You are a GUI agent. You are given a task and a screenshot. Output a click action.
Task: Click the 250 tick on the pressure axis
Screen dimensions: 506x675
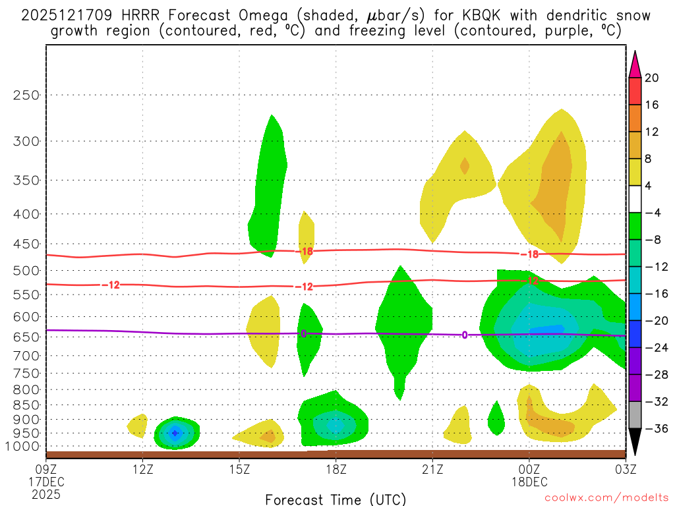26,95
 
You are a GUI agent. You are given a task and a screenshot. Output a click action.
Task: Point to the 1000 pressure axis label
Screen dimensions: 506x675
24,447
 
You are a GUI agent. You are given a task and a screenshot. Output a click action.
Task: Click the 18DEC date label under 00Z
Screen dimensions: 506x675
529,481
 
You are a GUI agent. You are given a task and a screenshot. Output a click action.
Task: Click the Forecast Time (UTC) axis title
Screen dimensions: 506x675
336,499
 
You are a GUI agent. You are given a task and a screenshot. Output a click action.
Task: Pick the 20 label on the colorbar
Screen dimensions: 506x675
652,78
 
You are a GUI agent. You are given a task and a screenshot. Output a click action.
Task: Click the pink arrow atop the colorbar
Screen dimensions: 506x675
635,64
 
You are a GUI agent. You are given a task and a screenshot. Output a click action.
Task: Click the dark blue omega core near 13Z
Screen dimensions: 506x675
175,433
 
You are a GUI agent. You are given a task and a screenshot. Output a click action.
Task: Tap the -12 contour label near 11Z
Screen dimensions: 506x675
111,285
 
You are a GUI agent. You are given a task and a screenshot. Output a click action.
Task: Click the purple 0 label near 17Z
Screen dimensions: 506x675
303,333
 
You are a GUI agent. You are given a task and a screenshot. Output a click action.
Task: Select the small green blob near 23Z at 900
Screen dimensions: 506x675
496,418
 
